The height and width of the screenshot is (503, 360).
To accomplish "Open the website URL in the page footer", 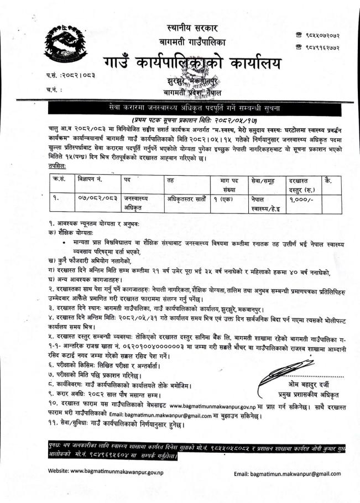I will point(105,473).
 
